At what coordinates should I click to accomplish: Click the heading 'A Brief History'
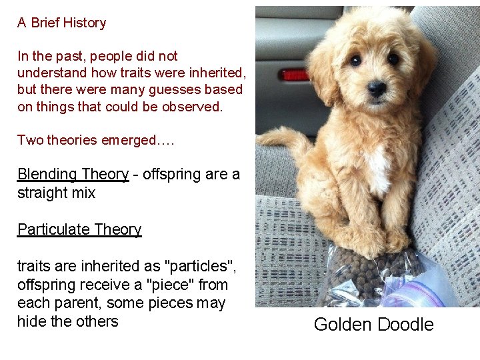click(61, 23)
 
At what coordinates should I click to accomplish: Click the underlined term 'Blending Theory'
click(73, 174)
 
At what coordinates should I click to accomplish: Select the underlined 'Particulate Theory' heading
click(79, 229)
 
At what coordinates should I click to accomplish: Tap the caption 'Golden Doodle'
click(373, 325)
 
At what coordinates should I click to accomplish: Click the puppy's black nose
click(377, 87)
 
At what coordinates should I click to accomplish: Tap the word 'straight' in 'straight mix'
click(41, 193)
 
